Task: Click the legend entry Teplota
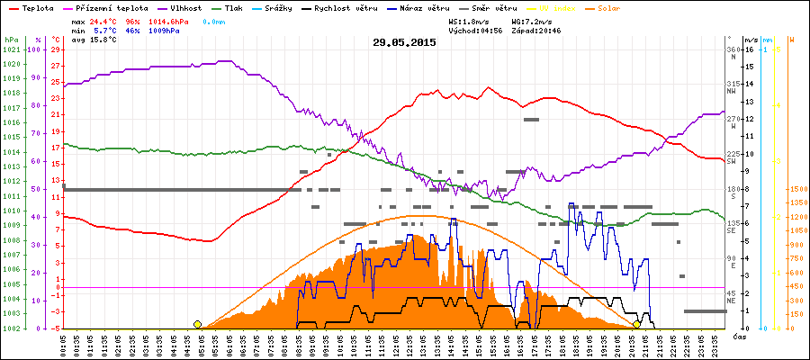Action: click(35, 7)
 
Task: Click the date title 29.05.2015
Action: click(404, 42)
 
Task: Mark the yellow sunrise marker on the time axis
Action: click(197, 324)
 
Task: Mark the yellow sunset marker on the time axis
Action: click(637, 324)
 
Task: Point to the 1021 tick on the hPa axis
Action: click(11, 49)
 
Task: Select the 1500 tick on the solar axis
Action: click(797, 190)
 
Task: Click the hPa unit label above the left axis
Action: click(11, 40)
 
